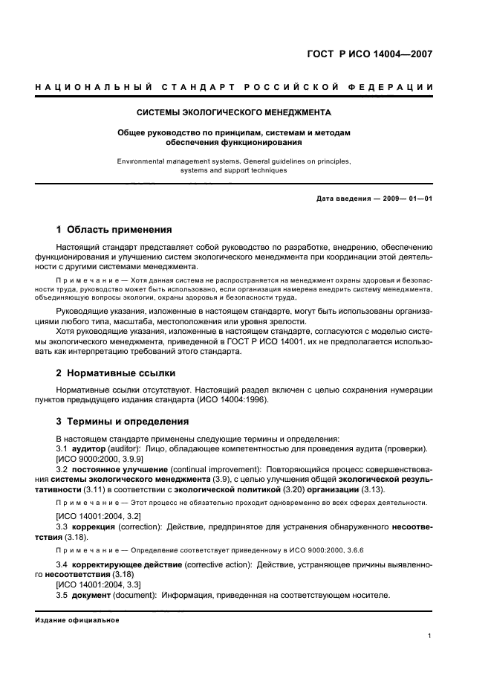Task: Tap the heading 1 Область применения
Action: coord(114,230)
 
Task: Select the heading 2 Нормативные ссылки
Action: coord(116,373)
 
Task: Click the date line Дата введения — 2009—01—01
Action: coord(374,199)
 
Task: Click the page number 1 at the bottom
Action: coord(430,636)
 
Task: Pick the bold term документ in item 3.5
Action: coord(92,595)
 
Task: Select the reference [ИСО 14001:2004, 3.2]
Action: coord(99,515)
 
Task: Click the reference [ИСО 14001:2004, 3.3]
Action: coord(99,585)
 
